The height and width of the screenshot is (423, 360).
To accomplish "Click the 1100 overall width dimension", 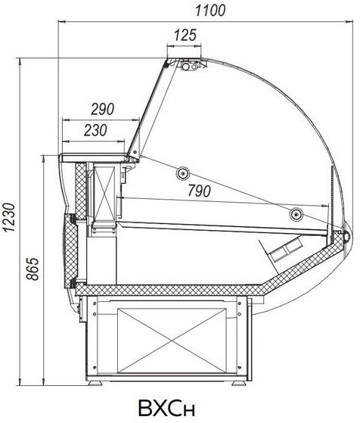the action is coord(210,11).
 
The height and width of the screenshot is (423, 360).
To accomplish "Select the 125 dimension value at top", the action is coord(185,36).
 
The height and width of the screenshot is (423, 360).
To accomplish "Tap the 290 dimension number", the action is coord(102,109).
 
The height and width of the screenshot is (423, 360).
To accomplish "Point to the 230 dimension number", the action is coord(95,130).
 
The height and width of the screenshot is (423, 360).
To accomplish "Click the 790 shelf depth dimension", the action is coord(199,191).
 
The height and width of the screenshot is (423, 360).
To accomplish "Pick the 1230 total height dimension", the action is coord(10,217).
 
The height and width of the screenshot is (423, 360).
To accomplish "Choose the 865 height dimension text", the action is coord(33,269).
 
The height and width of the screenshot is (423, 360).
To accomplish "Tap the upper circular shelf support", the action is coord(182,173).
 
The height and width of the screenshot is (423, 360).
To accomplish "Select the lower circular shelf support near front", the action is coord(296,214).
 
